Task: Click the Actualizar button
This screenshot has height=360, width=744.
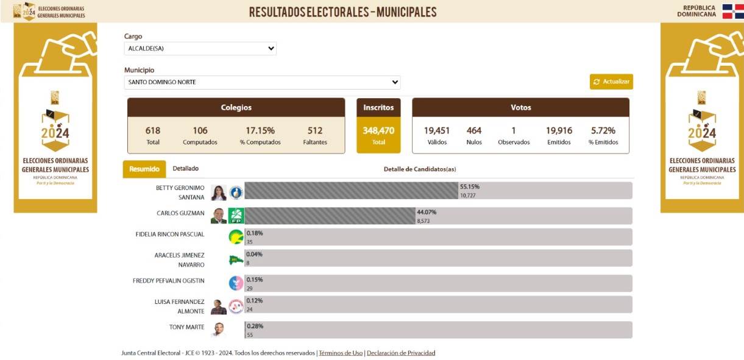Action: pyautogui.click(x=611, y=82)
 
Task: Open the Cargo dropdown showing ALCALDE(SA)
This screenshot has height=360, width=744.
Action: pyautogui.click(x=200, y=49)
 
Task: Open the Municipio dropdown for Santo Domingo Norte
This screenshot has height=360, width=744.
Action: pyautogui.click(x=262, y=82)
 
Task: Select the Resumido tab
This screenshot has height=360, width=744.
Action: pyautogui.click(x=144, y=169)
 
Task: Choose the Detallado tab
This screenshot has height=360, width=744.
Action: pyautogui.click(x=185, y=168)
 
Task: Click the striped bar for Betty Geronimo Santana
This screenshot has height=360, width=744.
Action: pyautogui.click(x=351, y=191)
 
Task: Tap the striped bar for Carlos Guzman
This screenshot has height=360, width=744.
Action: pyautogui.click(x=330, y=216)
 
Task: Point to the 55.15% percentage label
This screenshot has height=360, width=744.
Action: pyautogui.click(x=470, y=186)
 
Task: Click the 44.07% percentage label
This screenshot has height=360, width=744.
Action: pyautogui.click(x=427, y=212)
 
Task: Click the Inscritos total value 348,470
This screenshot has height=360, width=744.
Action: pyautogui.click(x=378, y=130)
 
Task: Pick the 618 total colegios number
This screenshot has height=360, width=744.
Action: pyautogui.click(x=153, y=130)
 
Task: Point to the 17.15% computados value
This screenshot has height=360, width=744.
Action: pyautogui.click(x=260, y=130)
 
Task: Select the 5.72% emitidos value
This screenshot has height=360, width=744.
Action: pyautogui.click(x=603, y=130)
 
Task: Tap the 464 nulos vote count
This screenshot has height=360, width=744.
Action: pyautogui.click(x=474, y=130)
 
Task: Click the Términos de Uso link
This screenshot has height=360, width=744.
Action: pyautogui.click(x=341, y=353)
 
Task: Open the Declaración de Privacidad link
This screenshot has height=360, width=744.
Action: pyautogui.click(x=401, y=353)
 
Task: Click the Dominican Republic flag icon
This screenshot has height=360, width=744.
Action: pyautogui.click(x=732, y=11)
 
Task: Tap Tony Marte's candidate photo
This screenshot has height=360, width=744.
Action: pyautogui.click(x=218, y=330)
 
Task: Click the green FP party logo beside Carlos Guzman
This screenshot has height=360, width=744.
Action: pyautogui.click(x=236, y=216)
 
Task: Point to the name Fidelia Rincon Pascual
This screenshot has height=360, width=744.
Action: pyautogui.click(x=170, y=234)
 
